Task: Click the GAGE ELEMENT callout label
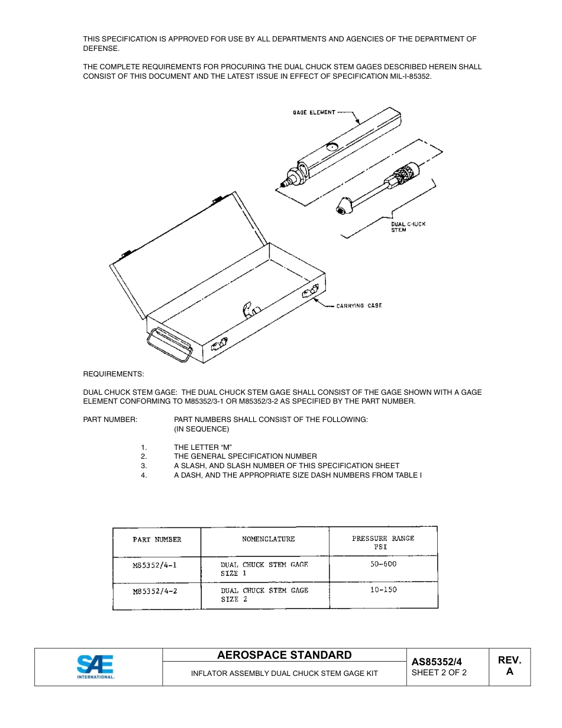(314, 112)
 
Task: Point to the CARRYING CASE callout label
(359, 305)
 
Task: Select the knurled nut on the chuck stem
(407, 173)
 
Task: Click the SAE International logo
(95, 667)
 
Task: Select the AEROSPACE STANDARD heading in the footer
(284, 655)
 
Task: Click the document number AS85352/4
(437, 662)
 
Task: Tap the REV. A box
(509, 666)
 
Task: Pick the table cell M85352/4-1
(155, 565)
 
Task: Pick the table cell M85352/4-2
(155, 591)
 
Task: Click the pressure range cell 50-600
(383, 563)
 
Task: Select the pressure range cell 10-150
(383, 590)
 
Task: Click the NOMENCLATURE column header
(268, 539)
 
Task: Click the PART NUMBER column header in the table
(157, 539)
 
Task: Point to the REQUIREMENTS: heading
(114, 374)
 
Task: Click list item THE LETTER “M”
(199, 447)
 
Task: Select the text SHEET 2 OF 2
(439, 672)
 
